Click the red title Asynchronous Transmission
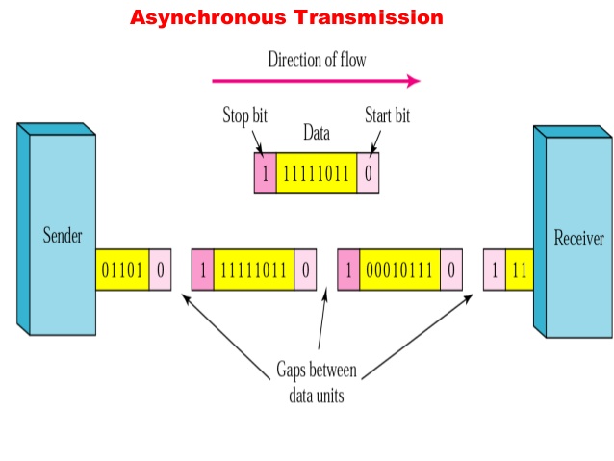click(287, 17)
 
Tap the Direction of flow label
click(317, 60)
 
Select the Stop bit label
click(244, 116)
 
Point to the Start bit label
click(387, 116)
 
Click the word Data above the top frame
click(317, 133)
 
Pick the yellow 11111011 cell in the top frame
click(316, 173)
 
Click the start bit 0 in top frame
click(368, 173)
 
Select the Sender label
click(63, 236)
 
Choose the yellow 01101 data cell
click(122, 270)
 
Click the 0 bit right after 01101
click(160, 270)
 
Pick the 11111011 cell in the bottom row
click(253, 270)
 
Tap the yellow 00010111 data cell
click(399, 270)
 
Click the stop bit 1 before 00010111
click(348, 270)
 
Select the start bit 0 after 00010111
click(450, 270)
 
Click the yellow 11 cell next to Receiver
click(520, 270)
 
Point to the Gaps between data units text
click(317, 380)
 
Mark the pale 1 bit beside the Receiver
click(495, 270)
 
